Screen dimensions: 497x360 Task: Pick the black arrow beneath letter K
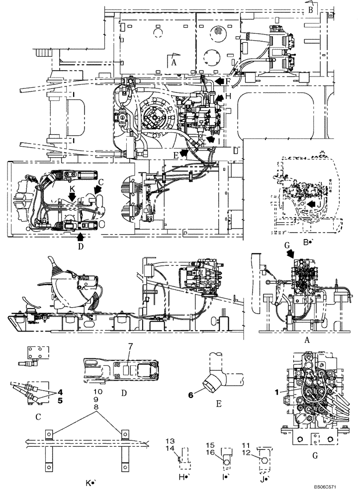72,197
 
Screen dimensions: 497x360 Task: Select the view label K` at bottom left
90,482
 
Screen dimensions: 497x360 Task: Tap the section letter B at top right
309,9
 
